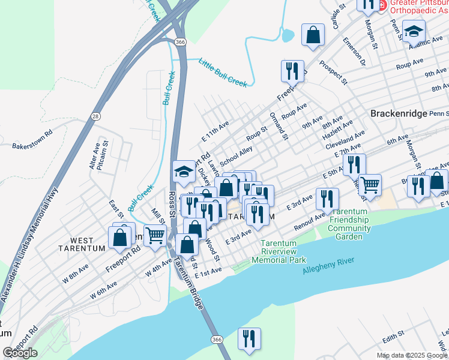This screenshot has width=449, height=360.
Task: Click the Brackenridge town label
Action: pos(398,113)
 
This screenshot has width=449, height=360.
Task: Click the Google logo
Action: pos(20,353)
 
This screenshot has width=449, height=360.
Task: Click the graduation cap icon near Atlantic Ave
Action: pos(414,31)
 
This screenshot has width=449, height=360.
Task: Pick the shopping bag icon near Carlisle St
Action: pos(313,35)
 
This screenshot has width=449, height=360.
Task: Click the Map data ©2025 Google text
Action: pos(412,355)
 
